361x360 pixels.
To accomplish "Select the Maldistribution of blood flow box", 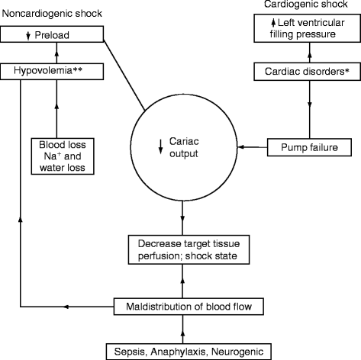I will [x=183, y=307].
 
